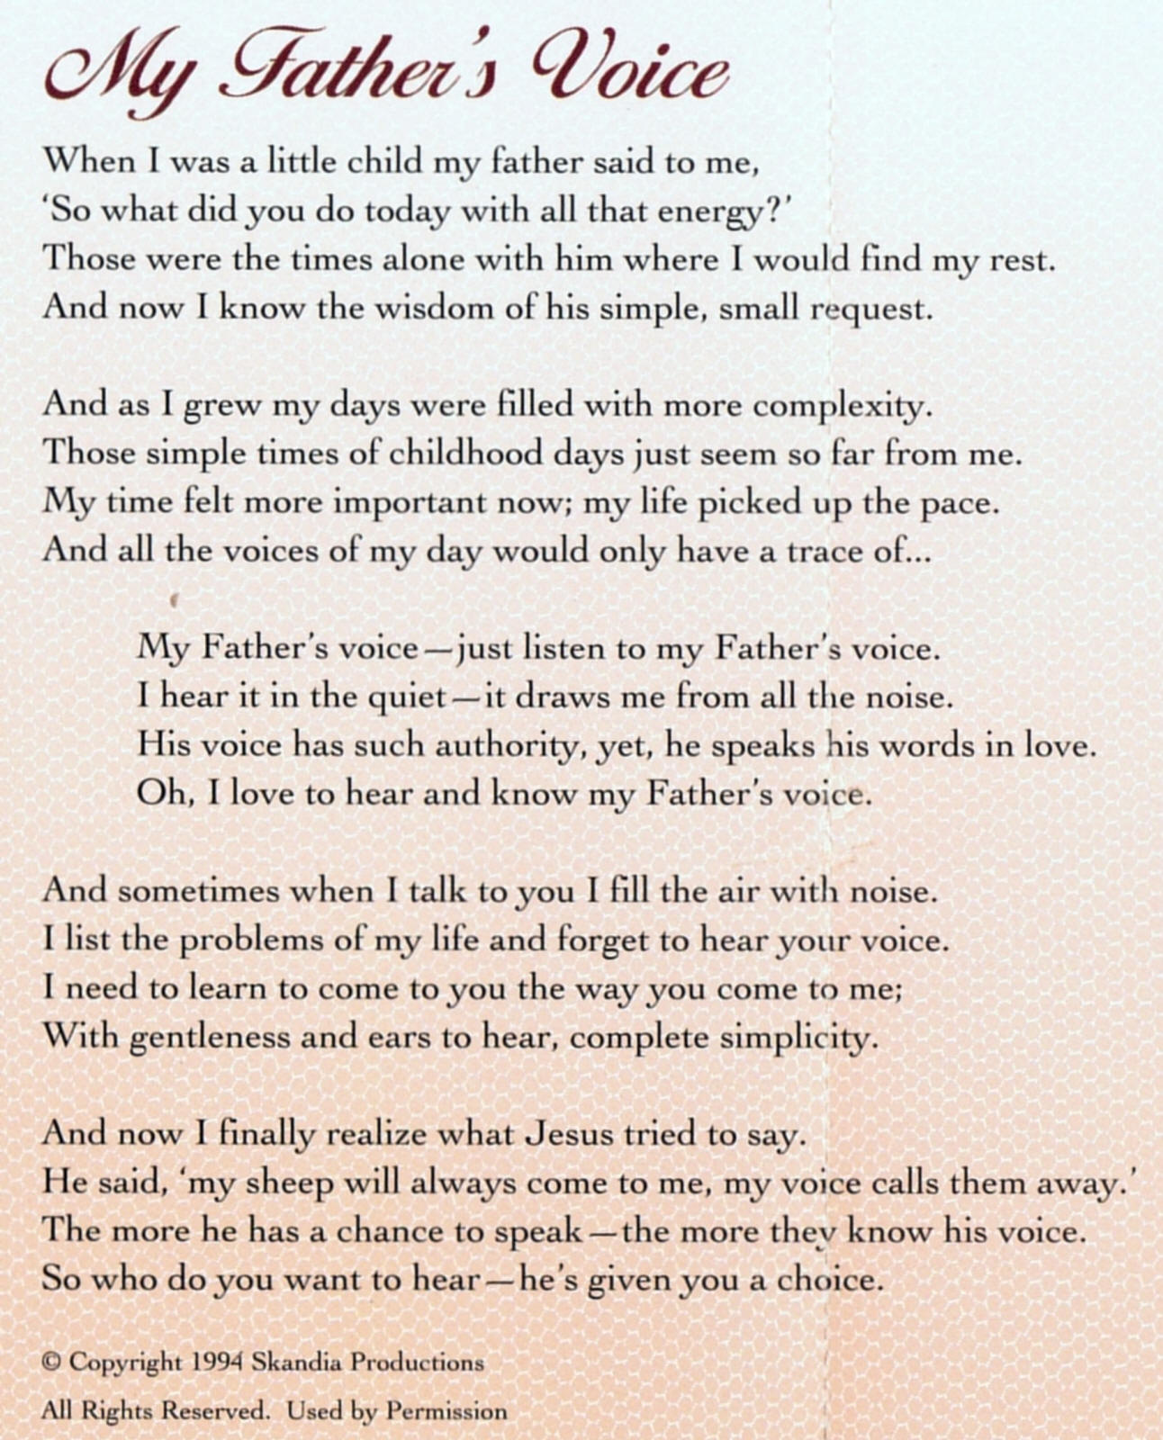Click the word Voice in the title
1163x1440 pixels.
coord(630,67)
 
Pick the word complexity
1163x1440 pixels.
coord(842,407)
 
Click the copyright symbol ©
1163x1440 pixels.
coord(50,1363)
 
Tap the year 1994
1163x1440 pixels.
coord(217,1363)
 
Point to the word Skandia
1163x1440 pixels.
coord(296,1363)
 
